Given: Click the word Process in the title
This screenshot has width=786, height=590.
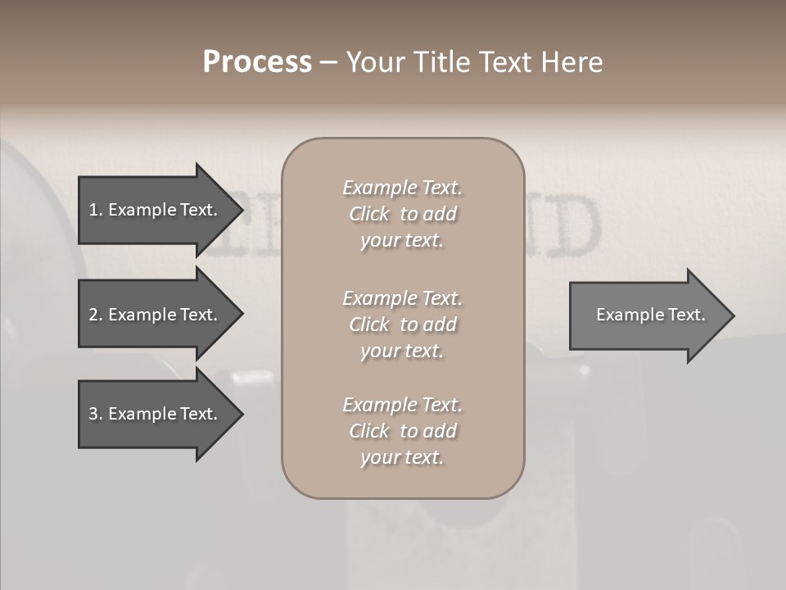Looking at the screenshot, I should point(257,62).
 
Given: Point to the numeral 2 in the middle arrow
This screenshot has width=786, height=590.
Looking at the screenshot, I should point(94,315).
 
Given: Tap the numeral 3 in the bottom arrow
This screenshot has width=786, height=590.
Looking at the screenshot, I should point(94,414).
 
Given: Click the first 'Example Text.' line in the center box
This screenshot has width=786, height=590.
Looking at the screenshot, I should point(402,188).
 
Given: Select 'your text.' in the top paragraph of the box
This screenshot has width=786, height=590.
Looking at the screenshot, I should point(402,241).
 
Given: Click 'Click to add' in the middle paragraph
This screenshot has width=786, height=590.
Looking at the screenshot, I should point(402,324).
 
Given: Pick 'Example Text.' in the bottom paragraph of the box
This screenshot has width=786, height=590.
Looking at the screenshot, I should point(402,405).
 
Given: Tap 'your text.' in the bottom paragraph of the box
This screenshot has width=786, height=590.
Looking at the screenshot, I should point(402,458).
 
